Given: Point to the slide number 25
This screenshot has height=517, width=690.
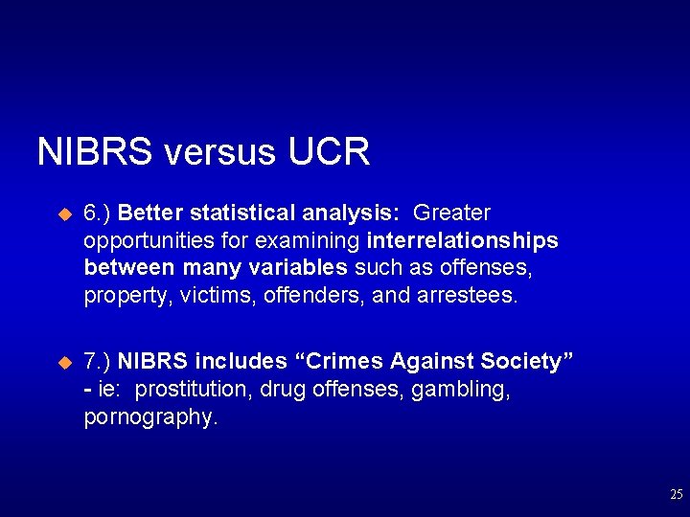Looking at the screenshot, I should coord(677,495).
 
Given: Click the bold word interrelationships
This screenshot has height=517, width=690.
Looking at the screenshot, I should coord(462,240).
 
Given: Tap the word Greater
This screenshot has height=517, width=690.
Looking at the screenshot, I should coord(451,213).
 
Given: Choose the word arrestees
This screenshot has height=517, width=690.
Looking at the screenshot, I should coord(468,296).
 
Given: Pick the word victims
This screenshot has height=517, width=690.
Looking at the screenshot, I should coord(214,296).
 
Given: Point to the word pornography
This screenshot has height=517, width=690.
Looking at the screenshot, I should coord(150,417).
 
